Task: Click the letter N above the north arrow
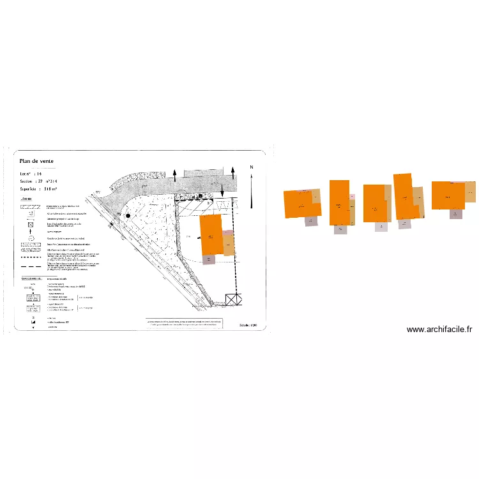(x=252, y=167)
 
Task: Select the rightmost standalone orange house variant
(x=448, y=195)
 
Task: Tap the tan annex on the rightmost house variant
(x=470, y=192)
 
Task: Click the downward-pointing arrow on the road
(x=221, y=189)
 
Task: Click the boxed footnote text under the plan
(x=185, y=323)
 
